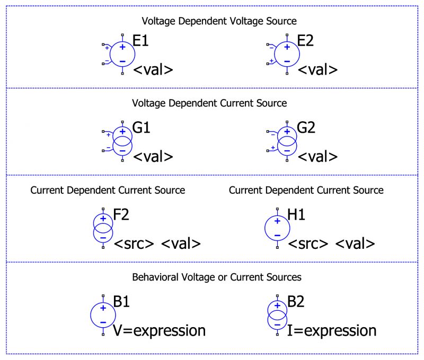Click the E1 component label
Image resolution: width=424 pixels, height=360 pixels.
pyautogui.click(x=140, y=41)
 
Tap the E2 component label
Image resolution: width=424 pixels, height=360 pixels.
pyautogui.click(x=306, y=41)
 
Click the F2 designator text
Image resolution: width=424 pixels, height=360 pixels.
pyautogui.click(x=121, y=215)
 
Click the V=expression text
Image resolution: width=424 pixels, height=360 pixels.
pyautogui.click(x=159, y=331)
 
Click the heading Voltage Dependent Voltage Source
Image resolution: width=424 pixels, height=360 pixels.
pyautogui.click(x=219, y=21)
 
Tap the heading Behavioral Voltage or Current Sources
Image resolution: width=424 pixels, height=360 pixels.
pyautogui.click(x=217, y=276)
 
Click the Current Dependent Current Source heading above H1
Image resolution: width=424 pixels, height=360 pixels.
pyautogui.click(x=306, y=190)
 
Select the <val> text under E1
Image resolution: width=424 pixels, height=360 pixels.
pyautogui.click(x=153, y=70)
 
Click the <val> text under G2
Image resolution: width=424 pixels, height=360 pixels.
pyautogui.click(x=317, y=157)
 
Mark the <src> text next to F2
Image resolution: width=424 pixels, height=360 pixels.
pyautogui.click(x=134, y=244)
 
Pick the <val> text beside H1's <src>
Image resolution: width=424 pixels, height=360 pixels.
pyautogui.click(x=355, y=244)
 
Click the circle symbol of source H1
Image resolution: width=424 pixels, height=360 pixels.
pyautogui.click(x=277, y=227)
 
